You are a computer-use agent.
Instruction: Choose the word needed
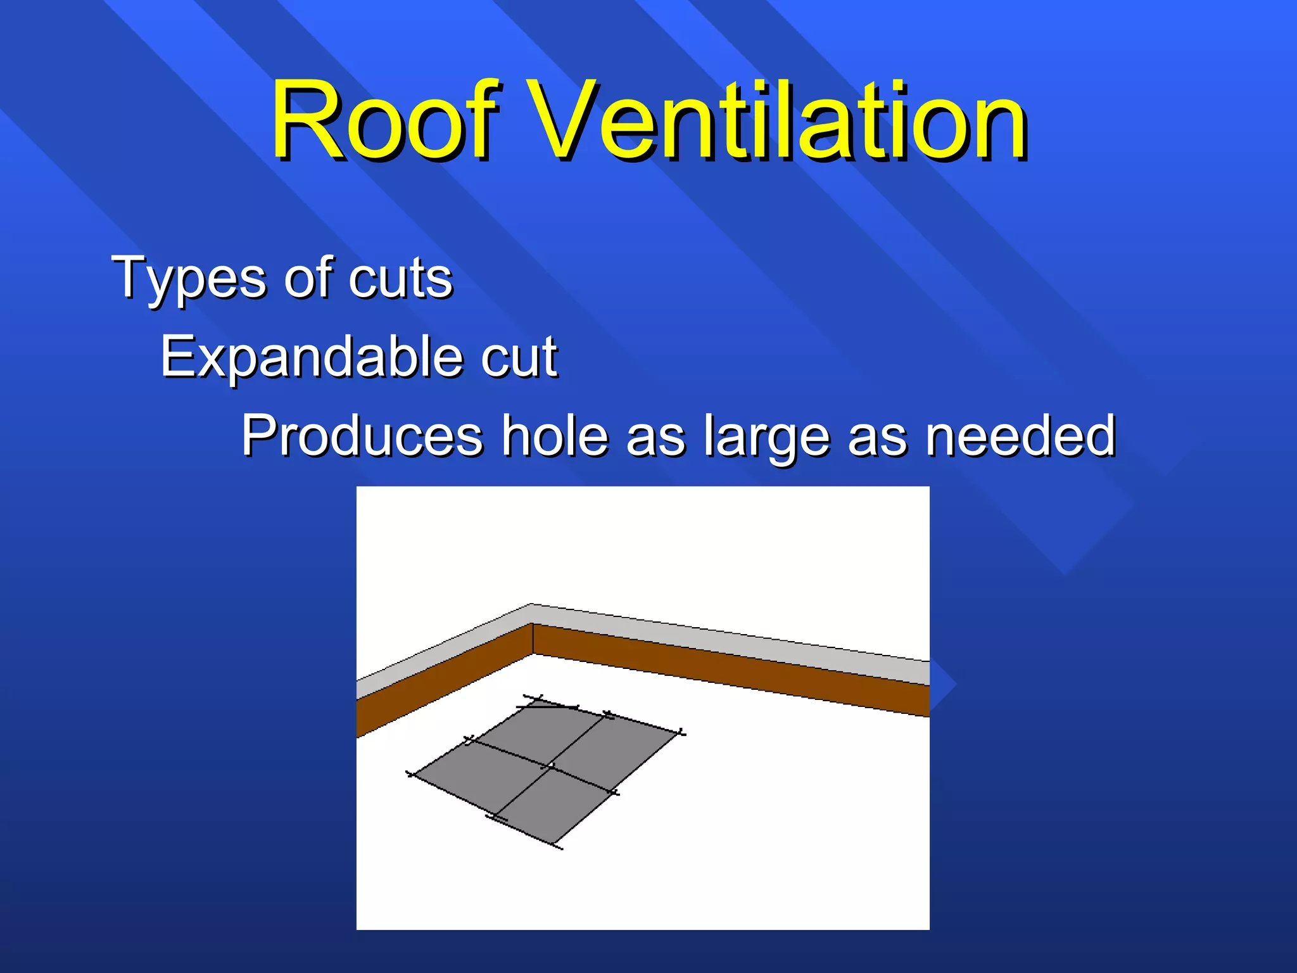pyautogui.click(x=1020, y=436)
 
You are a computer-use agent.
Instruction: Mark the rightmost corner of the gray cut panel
pyautogui.click(x=681, y=734)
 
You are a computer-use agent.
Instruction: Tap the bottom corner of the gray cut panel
pyautogui.click(x=558, y=845)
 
